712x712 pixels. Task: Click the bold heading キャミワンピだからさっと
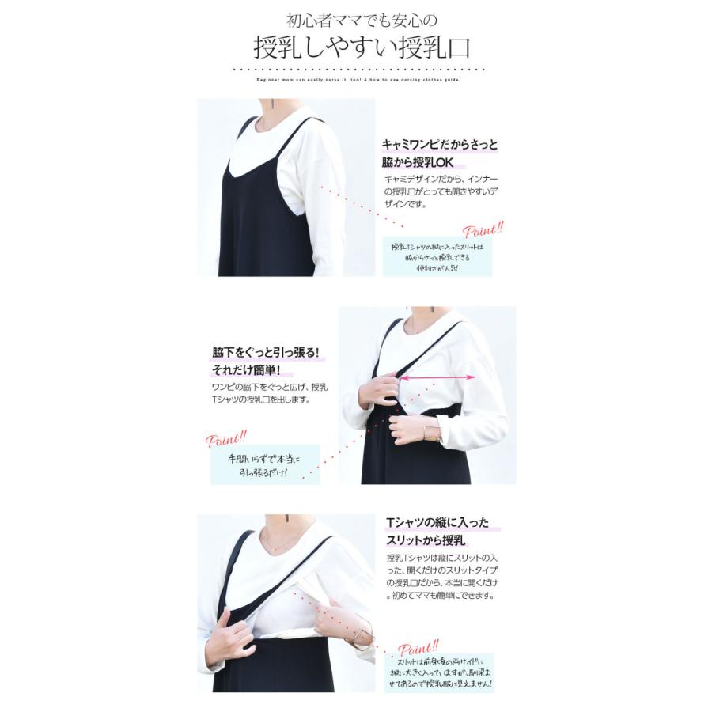(440, 145)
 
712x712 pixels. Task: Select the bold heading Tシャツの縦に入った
(437, 523)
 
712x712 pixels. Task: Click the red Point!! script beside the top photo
(483, 231)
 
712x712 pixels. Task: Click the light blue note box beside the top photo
(437, 258)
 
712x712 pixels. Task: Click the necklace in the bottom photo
(276, 547)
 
